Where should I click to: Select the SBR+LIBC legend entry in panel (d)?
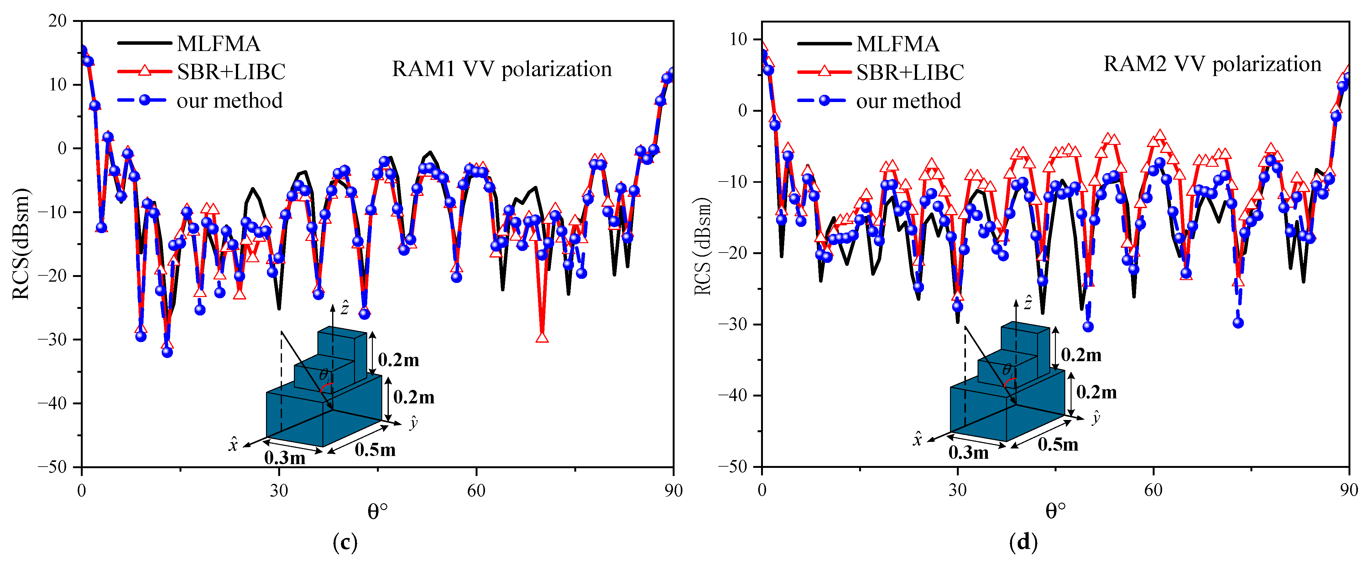click(x=910, y=72)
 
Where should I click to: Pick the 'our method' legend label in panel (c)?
click(x=229, y=101)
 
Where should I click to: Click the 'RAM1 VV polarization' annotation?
click(x=502, y=69)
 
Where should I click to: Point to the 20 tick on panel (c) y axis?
click(x=57, y=21)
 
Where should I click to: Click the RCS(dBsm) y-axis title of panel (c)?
click(x=21, y=244)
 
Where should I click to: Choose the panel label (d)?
click(x=1023, y=542)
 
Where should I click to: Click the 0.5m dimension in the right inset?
click(x=1058, y=444)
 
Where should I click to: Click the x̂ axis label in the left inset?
click(x=232, y=444)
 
